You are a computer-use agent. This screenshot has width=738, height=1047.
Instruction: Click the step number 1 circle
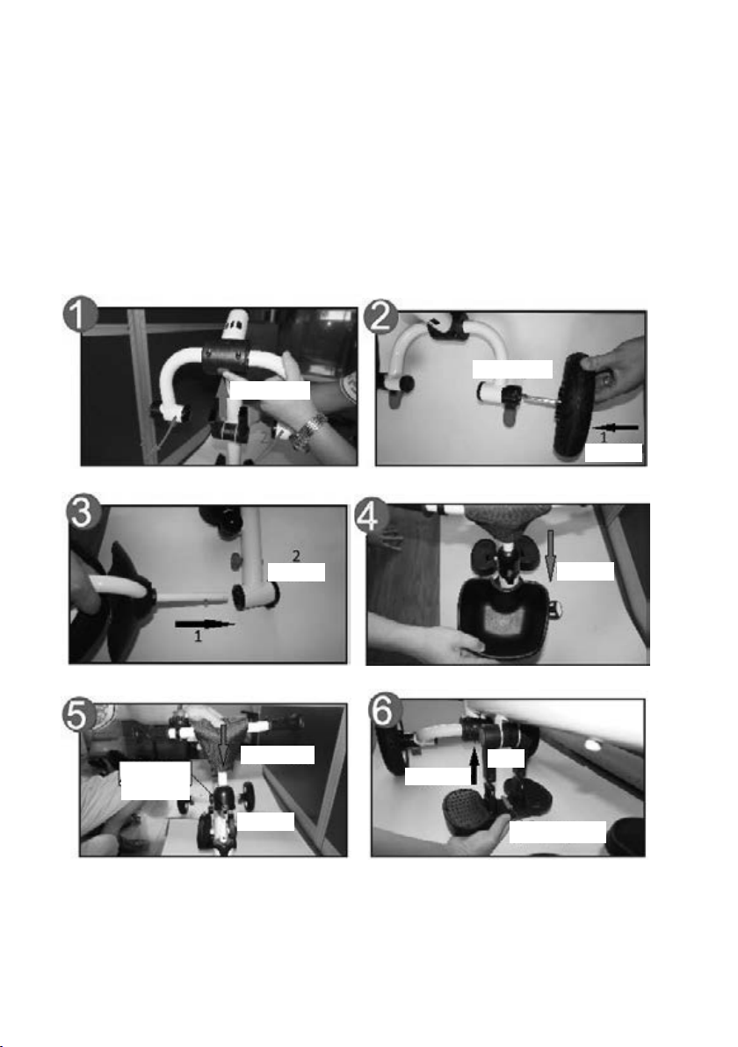pos(81,314)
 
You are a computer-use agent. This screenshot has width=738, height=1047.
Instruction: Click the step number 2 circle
pos(380,315)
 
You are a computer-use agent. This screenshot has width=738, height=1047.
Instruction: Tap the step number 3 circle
pos(83,512)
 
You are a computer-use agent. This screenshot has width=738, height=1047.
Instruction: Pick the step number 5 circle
pos(78,715)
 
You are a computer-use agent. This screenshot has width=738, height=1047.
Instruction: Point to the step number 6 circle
pos(386,711)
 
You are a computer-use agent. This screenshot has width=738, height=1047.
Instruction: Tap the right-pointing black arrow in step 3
pos(205,625)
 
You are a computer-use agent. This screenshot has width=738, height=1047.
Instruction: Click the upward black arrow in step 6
pos(474,766)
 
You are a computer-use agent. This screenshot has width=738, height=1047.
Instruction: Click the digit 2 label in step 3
pos(296,555)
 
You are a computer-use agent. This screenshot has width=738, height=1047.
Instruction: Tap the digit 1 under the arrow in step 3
pos(198,636)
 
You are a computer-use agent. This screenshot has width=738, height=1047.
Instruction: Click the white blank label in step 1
pos(269,391)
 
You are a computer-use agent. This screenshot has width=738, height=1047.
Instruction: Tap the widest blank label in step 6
pos(558,833)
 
